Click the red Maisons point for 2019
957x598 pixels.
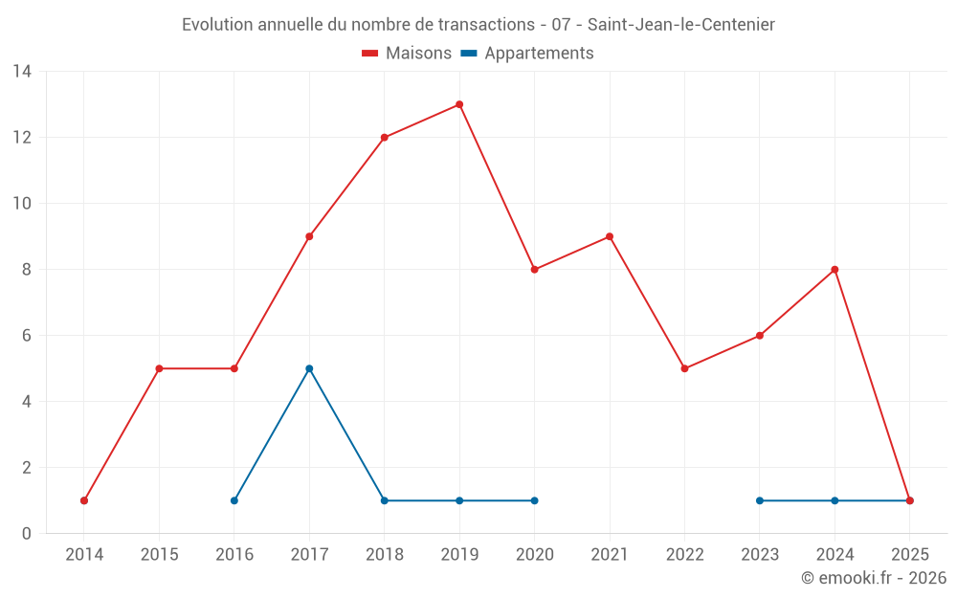[x=459, y=104]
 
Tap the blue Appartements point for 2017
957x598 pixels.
[x=309, y=368]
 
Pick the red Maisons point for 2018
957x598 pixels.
[x=385, y=138]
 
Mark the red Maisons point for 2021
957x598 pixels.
[x=610, y=236]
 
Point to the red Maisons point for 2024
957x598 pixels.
[x=835, y=270]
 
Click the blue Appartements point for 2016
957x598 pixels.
[x=234, y=500]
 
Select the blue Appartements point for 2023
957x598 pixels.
[x=760, y=500]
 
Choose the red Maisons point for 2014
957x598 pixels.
[x=84, y=500]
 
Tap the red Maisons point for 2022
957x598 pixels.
[x=684, y=368]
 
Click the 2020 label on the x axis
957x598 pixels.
[x=534, y=555]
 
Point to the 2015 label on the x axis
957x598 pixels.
[x=159, y=555]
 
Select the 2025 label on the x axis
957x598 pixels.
[x=909, y=555]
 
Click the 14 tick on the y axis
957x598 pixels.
[x=22, y=72]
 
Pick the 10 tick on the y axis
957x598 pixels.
[x=22, y=204]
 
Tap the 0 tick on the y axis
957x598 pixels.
[x=26, y=534]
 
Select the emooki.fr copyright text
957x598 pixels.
[x=874, y=578]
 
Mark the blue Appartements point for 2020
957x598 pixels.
[x=534, y=500]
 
